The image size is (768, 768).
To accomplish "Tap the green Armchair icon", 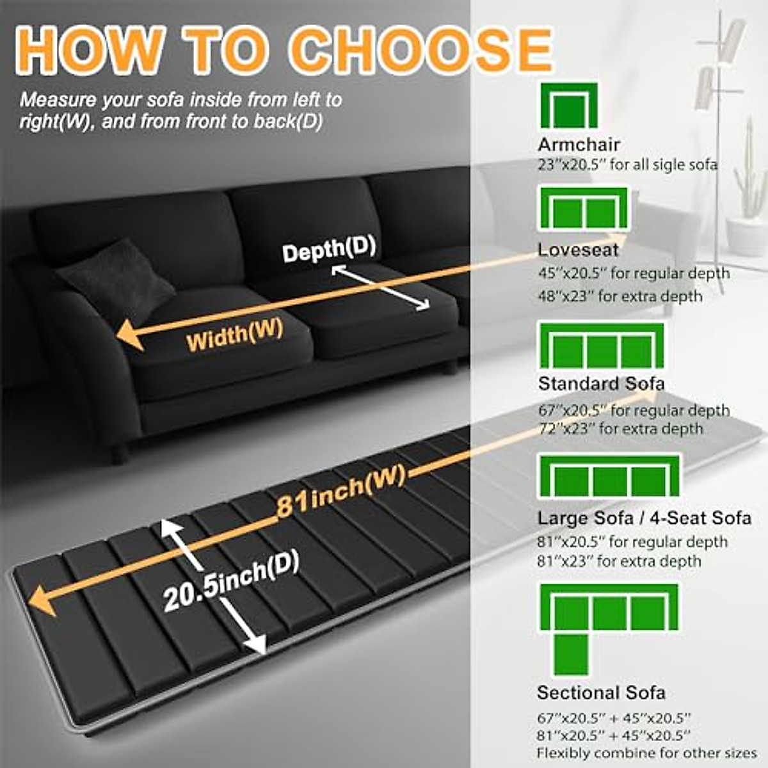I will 569,106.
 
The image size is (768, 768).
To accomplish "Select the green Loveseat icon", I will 584,209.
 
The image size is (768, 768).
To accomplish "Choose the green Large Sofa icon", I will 609,476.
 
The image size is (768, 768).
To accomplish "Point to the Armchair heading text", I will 579,145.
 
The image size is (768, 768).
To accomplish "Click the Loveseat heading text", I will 579,250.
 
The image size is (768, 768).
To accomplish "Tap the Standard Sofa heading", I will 602,384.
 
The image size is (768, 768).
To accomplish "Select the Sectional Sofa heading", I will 602,692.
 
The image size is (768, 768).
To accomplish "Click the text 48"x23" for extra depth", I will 620,296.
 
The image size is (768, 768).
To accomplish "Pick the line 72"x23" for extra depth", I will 621,429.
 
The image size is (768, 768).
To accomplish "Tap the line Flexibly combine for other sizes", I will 646,753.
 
